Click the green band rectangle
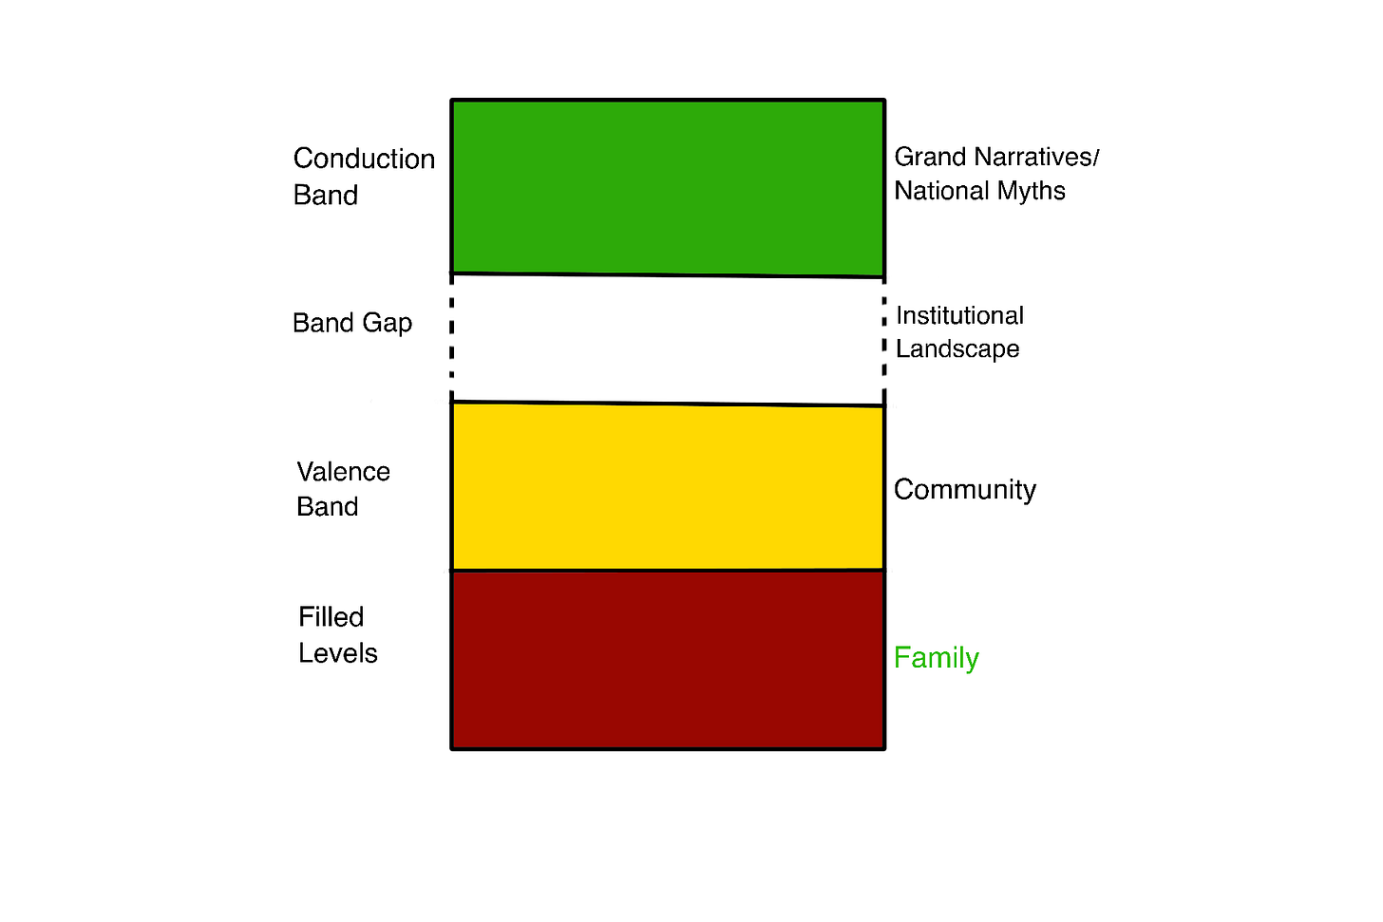click(x=668, y=187)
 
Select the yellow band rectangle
click(x=668, y=486)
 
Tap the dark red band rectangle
click(x=668, y=659)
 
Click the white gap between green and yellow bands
click(x=668, y=339)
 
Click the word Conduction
click(x=364, y=159)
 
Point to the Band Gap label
click(x=352, y=324)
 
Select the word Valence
click(x=343, y=472)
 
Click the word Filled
click(x=331, y=617)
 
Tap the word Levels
click(x=337, y=653)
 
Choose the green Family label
click(x=936, y=658)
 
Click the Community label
click(x=964, y=490)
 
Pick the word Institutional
click(x=959, y=315)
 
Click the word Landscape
click(x=957, y=349)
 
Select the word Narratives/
click(x=1038, y=157)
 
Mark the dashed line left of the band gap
click(x=451, y=337)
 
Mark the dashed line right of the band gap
click(x=884, y=339)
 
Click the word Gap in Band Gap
click(x=388, y=324)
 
